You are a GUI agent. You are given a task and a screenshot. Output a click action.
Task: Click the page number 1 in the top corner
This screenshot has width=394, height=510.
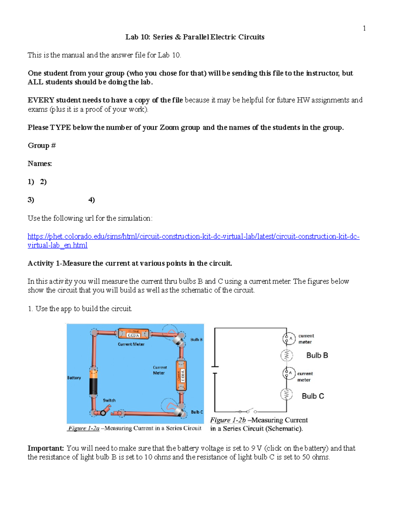tap(364, 28)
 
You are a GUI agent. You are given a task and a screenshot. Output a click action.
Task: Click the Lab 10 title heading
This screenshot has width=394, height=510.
tap(195, 37)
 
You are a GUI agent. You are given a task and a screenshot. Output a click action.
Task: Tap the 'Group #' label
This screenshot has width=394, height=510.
tap(42, 145)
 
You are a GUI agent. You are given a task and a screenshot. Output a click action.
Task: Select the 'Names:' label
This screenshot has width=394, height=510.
tap(40, 164)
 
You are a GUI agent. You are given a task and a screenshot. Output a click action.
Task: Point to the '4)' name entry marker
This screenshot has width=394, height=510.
tap(92, 200)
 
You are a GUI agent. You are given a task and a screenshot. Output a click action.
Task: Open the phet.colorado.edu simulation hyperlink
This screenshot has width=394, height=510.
tap(193, 237)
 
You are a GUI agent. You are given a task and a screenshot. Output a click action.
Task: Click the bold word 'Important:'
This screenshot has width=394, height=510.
tap(46, 448)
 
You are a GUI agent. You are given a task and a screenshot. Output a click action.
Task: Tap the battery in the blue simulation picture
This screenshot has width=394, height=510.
tap(94, 382)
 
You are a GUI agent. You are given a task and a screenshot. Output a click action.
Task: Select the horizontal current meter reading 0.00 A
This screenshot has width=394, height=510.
tap(133, 334)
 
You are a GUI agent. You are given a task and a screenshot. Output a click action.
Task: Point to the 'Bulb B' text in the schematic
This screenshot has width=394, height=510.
tap(317, 355)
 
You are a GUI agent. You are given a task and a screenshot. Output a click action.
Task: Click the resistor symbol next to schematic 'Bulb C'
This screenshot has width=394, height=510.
tap(286, 394)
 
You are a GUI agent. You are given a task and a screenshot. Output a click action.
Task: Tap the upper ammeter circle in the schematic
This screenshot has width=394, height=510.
tap(289, 338)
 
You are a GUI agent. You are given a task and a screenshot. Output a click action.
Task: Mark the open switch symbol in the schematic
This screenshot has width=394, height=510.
tap(248, 411)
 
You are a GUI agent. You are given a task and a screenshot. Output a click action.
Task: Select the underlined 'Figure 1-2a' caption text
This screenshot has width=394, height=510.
tap(84, 428)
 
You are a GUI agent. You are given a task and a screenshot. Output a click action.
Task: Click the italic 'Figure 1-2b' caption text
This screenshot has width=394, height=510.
tap(228, 420)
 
